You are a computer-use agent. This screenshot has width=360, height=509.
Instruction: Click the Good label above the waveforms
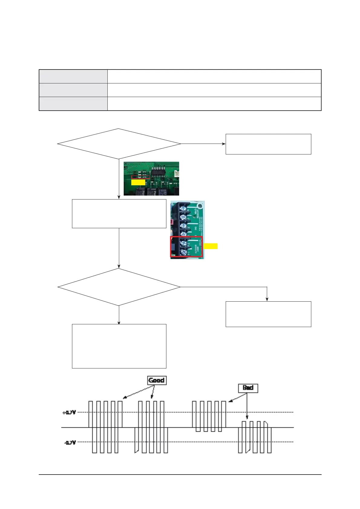point(157,380)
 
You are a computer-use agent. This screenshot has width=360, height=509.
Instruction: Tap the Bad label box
point(248,388)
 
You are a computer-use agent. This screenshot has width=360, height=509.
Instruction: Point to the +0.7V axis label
point(69,413)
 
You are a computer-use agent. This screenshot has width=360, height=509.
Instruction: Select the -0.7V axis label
point(70,443)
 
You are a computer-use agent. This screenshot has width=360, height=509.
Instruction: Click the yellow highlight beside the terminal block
point(211,246)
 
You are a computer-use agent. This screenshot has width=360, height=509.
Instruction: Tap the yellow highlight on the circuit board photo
point(138,183)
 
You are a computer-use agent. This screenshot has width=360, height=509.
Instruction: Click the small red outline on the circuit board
point(141,177)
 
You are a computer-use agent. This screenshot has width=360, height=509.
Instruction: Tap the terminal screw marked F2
point(183,242)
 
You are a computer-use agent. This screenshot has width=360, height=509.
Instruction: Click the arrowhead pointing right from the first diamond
point(224,144)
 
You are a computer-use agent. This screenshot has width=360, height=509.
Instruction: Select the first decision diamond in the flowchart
point(119,144)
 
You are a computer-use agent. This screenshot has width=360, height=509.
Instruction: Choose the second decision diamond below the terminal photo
point(119,287)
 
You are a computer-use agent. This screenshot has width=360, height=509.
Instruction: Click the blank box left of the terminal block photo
point(119,213)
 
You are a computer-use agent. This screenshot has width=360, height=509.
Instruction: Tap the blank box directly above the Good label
point(119,346)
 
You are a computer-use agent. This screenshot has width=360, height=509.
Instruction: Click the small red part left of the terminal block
point(172,222)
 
